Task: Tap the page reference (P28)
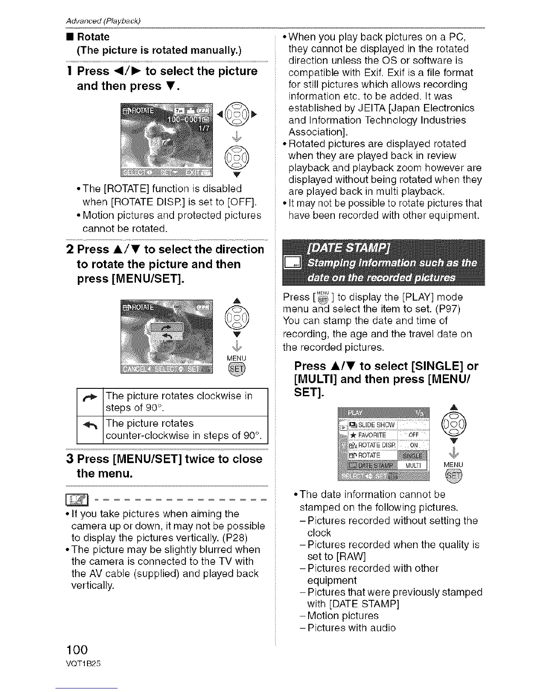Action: [250, 537]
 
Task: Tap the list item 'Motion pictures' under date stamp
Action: [343, 616]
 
